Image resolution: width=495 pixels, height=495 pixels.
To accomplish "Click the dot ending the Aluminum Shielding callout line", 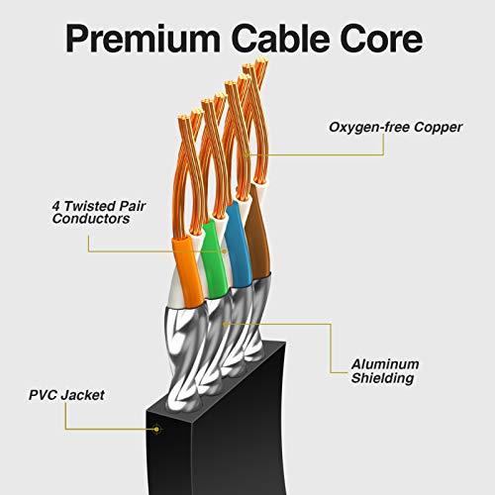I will pyautogui.click(x=227, y=322).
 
